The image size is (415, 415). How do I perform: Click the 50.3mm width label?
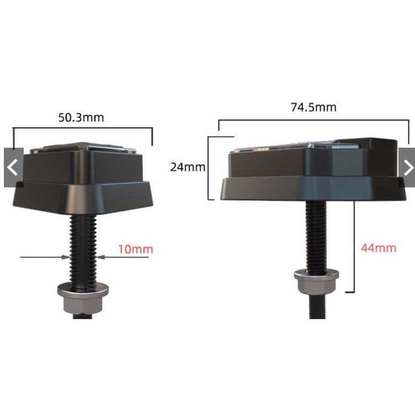pos(81,117)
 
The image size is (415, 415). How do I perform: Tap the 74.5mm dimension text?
pos(313,107)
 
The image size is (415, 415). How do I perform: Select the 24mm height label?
pos(187,166)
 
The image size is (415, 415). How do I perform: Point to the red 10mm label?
pos(136,249)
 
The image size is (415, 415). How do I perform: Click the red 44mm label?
pos(378,248)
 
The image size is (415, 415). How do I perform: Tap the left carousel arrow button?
pos(13,168)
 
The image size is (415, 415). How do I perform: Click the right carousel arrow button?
pos(407,168)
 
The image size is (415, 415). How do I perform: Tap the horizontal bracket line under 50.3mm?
pos(83,128)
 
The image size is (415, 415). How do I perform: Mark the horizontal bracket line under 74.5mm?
pos(313,120)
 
